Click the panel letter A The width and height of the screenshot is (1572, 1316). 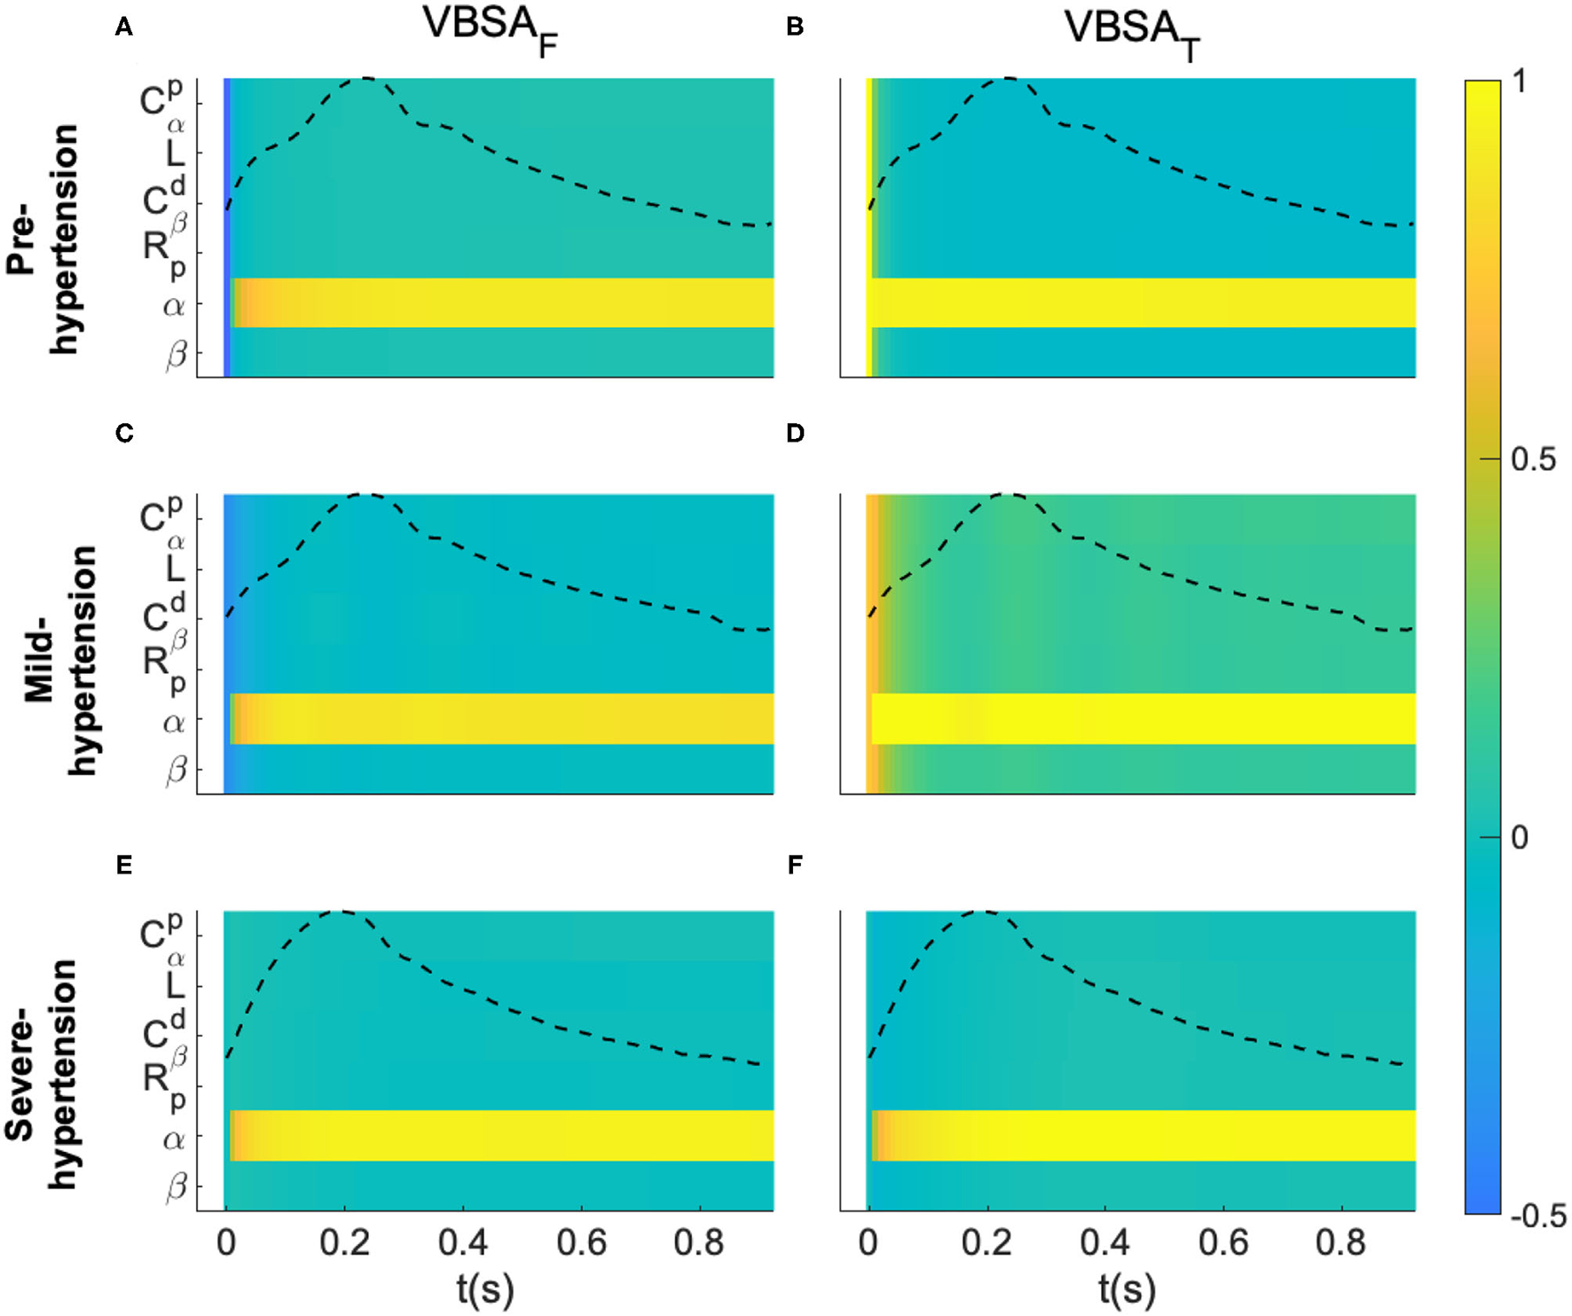click(x=124, y=27)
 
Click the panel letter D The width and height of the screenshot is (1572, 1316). click(x=795, y=433)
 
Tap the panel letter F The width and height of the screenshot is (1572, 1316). click(x=795, y=865)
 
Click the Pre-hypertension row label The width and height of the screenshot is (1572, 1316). click(x=43, y=239)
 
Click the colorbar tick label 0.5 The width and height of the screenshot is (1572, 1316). click(x=1533, y=459)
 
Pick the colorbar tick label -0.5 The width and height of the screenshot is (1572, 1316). click(x=1538, y=1216)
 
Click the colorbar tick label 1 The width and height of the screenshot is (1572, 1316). click(x=1521, y=82)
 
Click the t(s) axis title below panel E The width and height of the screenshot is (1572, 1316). click(x=485, y=1289)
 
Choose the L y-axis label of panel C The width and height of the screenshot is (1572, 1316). click(x=175, y=568)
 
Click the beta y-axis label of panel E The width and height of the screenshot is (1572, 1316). click(x=177, y=1187)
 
